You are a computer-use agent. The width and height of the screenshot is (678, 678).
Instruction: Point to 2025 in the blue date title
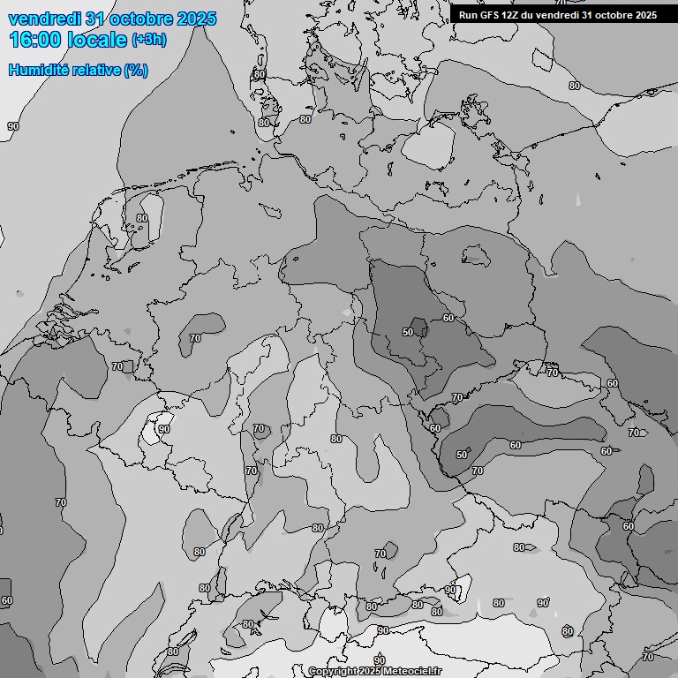pyautogui.click(x=196, y=19)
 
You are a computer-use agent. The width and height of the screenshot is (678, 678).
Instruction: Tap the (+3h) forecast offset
pyautogui.click(x=148, y=40)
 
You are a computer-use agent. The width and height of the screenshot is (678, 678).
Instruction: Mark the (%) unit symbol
pyautogui.click(x=136, y=70)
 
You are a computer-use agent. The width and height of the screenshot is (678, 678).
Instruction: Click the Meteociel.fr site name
pyautogui.click(x=411, y=672)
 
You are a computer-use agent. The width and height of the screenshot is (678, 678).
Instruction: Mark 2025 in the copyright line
pyautogui.click(x=370, y=672)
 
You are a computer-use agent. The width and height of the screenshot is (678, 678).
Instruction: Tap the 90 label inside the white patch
pyautogui.click(x=164, y=429)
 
